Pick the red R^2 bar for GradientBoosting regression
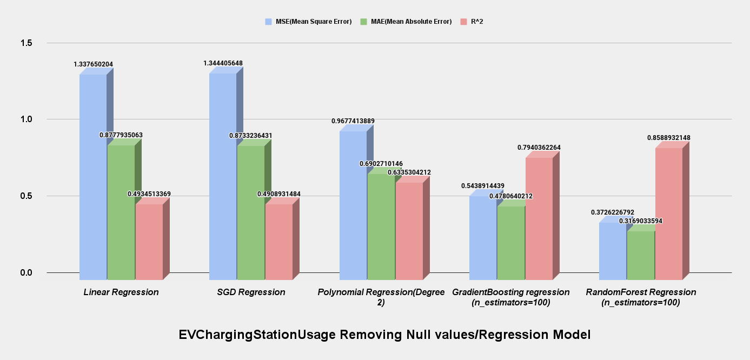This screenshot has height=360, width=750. [539, 218]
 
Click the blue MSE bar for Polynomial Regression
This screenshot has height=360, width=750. [353, 205]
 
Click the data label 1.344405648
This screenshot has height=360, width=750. [223, 63]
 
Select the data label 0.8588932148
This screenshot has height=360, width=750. [668, 138]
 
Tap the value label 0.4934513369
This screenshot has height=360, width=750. [149, 194]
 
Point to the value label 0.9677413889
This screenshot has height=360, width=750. [353, 121]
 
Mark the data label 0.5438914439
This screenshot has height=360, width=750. [483, 186]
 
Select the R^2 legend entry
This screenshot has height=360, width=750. [476, 22]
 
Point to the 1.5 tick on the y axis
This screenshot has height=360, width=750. [25, 43]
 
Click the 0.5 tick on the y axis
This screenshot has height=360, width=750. [25, 196]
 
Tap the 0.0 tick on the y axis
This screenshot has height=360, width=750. [25, 272]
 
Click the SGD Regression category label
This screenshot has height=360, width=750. [251, 292]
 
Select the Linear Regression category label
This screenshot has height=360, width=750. [121, 292]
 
